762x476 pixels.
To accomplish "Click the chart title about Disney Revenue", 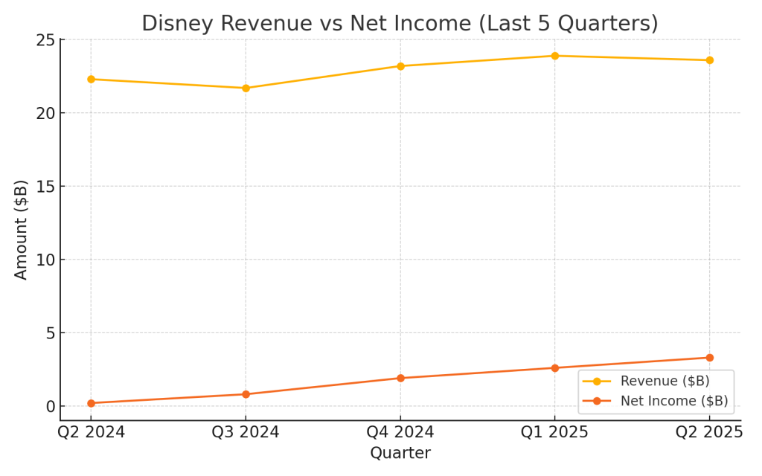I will click(400, 23).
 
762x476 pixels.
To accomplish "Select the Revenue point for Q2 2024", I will click(91, 79).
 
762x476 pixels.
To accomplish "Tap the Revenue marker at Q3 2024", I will click(246, 88).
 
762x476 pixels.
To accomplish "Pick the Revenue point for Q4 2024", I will click(400, 66).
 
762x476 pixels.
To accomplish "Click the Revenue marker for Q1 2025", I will click(554, 56).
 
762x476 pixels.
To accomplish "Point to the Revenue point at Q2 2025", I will click(709, 60).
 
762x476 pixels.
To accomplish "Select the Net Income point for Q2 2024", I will click(91, 403).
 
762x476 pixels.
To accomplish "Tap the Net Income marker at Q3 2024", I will click(246, 394).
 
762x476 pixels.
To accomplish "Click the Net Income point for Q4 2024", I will click(400, 378).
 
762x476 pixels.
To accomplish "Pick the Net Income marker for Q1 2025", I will click(554, 368).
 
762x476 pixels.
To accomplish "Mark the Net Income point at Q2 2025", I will click(709, 358).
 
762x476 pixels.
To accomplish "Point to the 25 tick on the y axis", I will click(46, 39).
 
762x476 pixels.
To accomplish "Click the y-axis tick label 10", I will click(46, 260).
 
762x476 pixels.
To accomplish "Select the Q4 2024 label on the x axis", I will click(400, 432).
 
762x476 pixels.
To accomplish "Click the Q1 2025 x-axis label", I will click(554, 432).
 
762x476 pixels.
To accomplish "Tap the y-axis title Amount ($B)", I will click(22, 229).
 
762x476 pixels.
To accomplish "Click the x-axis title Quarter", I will click(400, 453).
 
